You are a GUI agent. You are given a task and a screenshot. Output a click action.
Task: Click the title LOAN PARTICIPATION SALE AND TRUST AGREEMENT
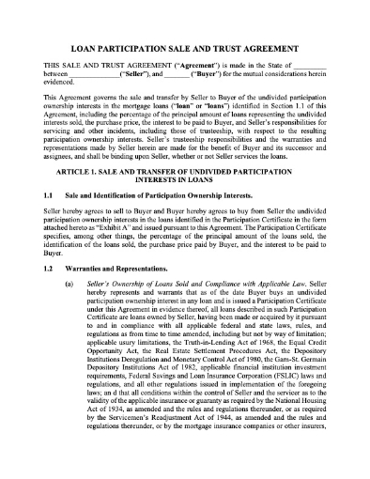(185, 43)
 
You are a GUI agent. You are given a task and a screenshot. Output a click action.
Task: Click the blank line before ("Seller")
(93, 73)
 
